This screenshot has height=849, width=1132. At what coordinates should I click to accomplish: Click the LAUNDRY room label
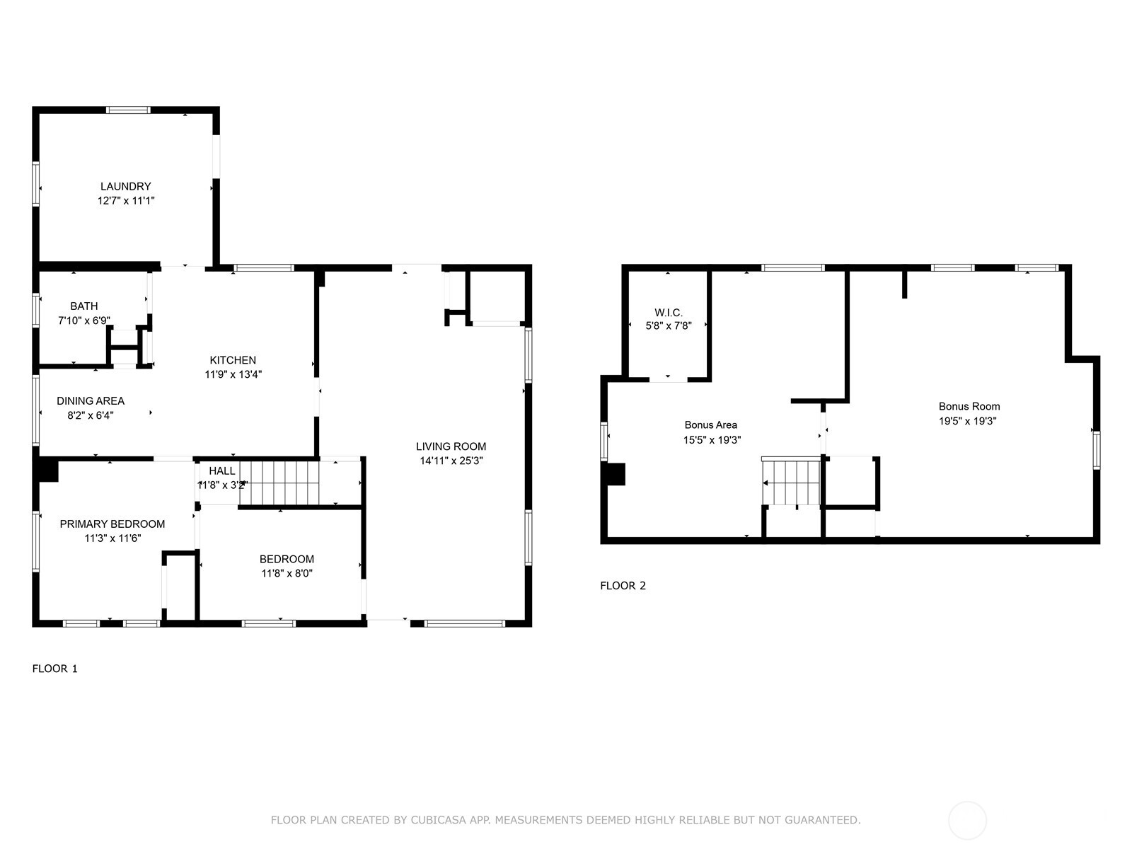point(125,186)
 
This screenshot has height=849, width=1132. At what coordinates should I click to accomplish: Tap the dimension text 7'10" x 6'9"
point(83,320)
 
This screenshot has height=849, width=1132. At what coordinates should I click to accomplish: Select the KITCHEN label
point(233,360)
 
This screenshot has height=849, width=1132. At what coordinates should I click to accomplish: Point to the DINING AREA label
point(91,400)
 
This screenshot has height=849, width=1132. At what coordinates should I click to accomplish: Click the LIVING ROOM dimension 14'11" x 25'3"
point(451,461)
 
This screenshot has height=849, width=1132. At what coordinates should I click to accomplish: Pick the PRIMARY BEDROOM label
point(112,524)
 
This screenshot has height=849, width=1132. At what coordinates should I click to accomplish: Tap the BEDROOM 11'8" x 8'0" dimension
point(287,573)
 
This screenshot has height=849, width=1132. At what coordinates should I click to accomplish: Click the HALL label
point(222,470)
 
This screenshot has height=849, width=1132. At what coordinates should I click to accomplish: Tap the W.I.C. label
point(669,312)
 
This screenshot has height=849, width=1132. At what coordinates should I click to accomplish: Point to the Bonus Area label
point(710,424)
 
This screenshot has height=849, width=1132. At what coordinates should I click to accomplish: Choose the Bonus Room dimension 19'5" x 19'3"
point(969,421)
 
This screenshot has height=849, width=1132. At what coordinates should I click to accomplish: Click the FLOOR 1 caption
point(55,669)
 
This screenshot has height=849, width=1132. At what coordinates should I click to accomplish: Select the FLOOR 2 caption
point(623,585)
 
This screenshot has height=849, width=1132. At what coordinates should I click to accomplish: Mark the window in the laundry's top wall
point(128,110)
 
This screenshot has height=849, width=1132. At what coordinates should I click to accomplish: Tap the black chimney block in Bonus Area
point(616,473)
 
